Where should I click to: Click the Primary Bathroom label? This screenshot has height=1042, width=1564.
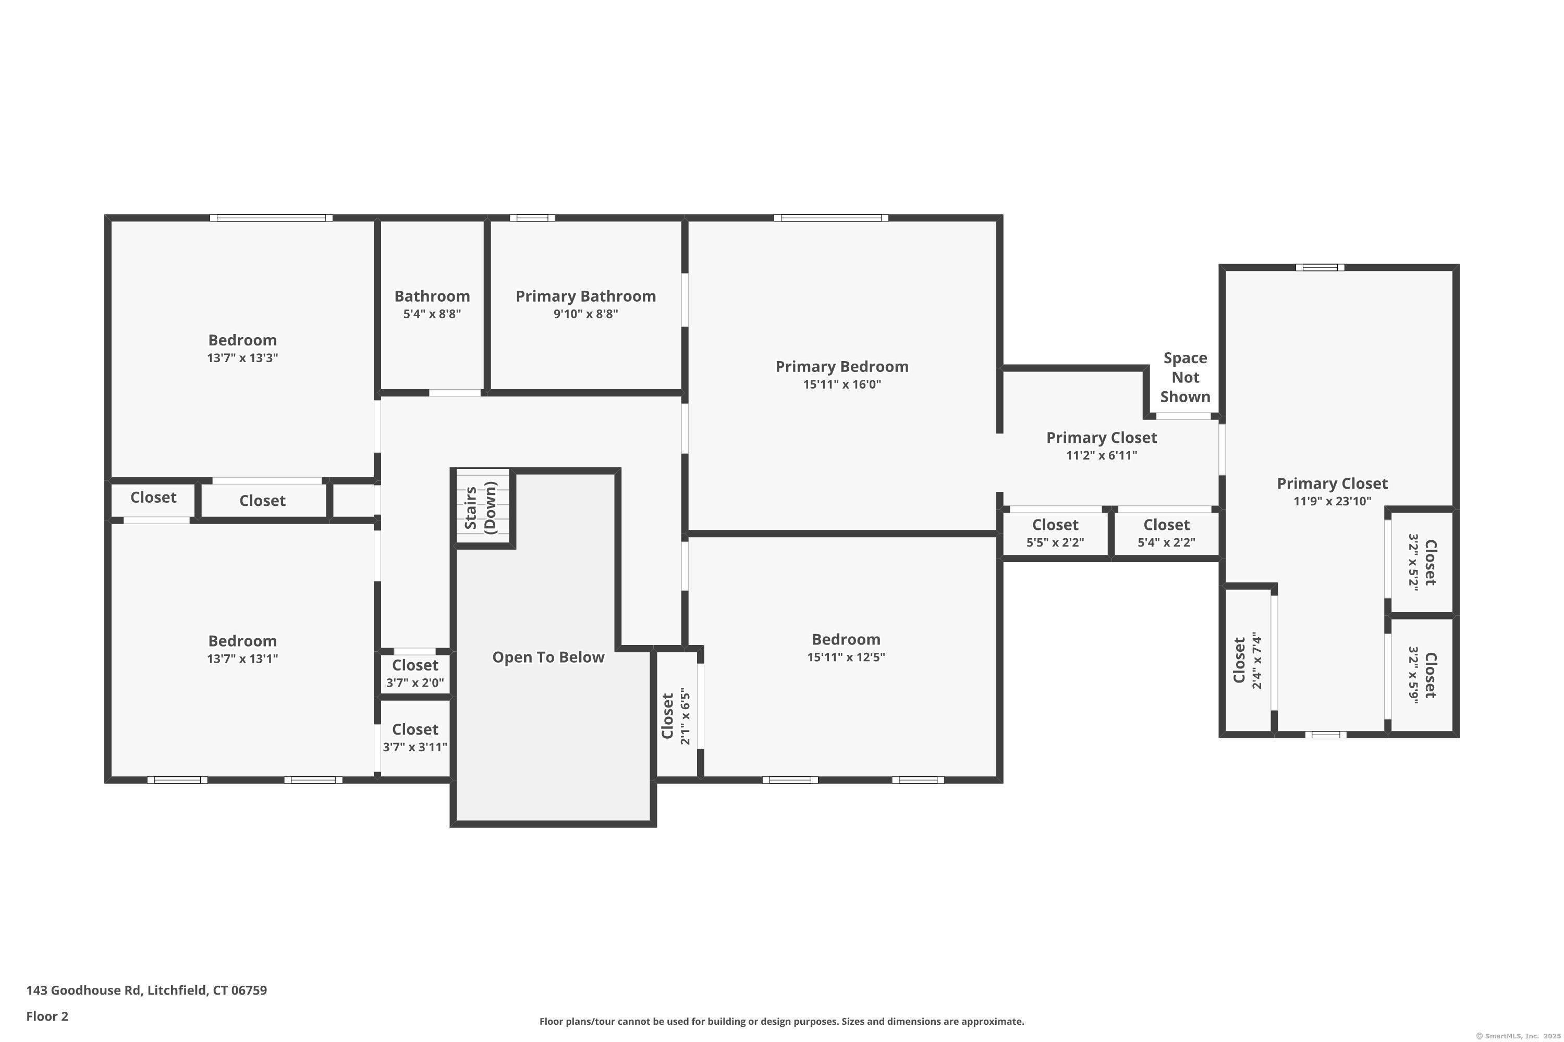(586, 296)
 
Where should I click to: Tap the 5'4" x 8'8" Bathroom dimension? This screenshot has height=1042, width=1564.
(432, 314)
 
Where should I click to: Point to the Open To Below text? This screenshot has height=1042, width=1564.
(548, 657)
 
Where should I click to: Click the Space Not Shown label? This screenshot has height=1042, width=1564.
(1185, 377)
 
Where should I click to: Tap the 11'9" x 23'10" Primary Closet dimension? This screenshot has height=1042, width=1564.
(1332, 502)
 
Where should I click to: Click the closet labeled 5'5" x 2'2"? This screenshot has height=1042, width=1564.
(1055, 534)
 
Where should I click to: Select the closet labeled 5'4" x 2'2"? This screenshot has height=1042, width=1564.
(1166, 534)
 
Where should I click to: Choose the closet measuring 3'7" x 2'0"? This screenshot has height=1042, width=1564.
(415, 674)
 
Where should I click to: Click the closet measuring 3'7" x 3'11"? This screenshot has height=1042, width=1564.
(415, 738)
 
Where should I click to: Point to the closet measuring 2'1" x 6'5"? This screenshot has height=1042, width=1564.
(676, 715)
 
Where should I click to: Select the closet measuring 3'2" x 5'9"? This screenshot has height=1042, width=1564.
(1422, 675)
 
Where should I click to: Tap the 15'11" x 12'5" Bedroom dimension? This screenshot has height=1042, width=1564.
(846, 657)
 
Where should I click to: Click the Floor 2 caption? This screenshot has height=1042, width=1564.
(47, 1016)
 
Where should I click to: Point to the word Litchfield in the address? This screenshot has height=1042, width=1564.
(177, 990)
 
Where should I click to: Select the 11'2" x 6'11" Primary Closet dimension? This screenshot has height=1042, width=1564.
(1101, 456)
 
